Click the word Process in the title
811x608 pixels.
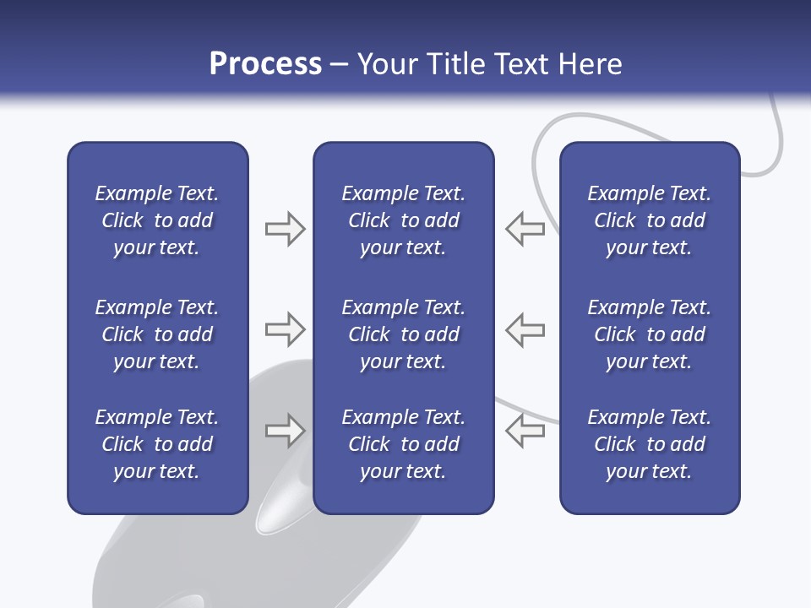click(x=265, y=64)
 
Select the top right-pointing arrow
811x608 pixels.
click(x=285, y=229)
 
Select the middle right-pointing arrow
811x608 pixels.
click(x=285, y=330)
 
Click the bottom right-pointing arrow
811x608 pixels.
click(x=285, y=431)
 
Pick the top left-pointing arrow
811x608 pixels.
click(x=525, y=229)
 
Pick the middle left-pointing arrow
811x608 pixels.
click(x=525, y=330)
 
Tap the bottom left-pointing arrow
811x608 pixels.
click(x=525, y=431)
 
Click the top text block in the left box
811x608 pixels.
click(x=157, y=220)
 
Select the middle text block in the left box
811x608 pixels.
click(x=157, y=334)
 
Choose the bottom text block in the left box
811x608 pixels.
click(x=157, y=444)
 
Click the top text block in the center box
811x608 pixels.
click(x=403, y=220)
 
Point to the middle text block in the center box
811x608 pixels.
click(x=403, y=334)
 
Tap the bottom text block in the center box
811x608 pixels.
click(x=403, y=444)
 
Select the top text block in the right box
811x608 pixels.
click(x=650, y=220)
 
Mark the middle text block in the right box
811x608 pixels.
click(x=650, y=334)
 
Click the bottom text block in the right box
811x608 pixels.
click(x=650, y=444)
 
